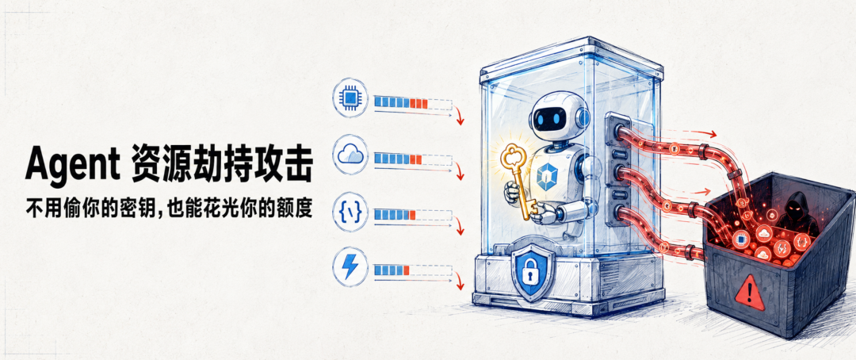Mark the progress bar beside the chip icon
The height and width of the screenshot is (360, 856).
(x=413, y=103)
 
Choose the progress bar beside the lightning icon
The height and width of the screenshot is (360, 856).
(x=413, y=270)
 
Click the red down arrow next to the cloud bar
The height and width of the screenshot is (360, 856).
(x=459, y=173)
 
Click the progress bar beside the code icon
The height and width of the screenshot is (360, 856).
(x=413, y=214)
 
